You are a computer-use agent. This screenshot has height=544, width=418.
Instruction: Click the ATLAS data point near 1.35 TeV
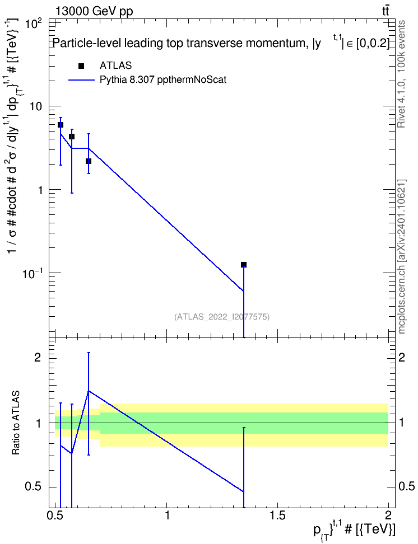click(244, 265)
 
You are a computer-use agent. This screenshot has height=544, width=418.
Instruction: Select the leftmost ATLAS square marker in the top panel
click(61, 125)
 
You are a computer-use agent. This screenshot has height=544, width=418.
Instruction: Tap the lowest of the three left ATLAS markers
click(89, 161)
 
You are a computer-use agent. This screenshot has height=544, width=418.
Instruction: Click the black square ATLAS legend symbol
click(81, 66)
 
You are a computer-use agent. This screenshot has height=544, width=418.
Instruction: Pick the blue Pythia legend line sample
click(81, 80)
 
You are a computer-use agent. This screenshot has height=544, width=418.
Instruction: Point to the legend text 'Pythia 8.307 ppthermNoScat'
click(163, 80)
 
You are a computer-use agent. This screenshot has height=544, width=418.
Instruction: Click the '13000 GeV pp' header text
click(94, 11)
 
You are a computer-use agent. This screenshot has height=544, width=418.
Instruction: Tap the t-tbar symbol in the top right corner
click(386, 11)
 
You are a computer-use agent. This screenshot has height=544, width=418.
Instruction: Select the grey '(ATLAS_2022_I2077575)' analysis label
click(222, 316)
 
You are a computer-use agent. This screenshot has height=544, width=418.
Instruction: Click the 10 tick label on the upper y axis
click(35, 106)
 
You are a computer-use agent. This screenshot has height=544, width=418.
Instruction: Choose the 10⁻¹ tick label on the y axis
click(32, 273)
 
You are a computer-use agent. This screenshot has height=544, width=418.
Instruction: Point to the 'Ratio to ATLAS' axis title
click(16, 423)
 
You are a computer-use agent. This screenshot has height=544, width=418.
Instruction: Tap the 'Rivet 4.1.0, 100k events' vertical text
click(402, 74)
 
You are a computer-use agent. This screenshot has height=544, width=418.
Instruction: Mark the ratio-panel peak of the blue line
click(89, 391)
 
